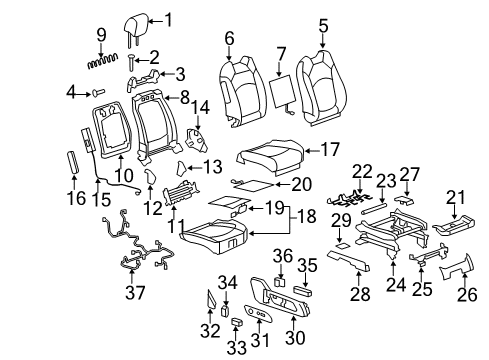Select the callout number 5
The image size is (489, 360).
coord(322,23)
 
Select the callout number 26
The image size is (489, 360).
coord(464,297)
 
